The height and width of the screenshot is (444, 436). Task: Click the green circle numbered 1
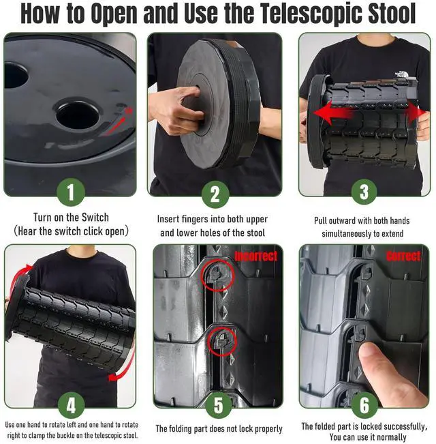click(x=71, y=192)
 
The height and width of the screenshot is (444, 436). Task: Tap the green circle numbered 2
click(x=215, y=194)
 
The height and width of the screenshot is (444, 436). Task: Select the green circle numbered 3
click(x=364, y=192)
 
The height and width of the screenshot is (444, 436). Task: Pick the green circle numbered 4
click(x=72, y=405)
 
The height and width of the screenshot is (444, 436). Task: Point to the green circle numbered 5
click(x=219, y=405)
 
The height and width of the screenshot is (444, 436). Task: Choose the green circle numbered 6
click(x=364, y=404)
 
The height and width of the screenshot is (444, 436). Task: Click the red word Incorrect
click(x=256, y=256)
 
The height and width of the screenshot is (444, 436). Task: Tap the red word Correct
click(x=403, y=256)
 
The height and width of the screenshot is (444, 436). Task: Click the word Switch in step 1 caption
click(x=95, y=218)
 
